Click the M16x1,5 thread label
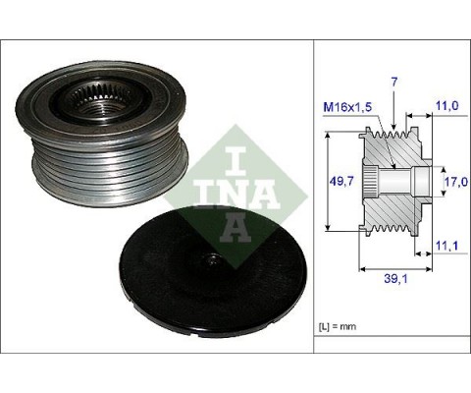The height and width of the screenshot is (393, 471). [347, 107]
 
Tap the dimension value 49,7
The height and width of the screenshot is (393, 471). [341, 181]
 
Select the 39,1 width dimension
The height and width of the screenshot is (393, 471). [395, 279]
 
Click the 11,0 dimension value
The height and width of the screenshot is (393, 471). [446, 105]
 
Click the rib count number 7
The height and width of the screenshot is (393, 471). [394, 83]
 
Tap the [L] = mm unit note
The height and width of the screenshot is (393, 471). [338, 326]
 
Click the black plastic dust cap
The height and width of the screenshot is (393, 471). [213, 271]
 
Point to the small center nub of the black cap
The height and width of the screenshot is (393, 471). [212, 260]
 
